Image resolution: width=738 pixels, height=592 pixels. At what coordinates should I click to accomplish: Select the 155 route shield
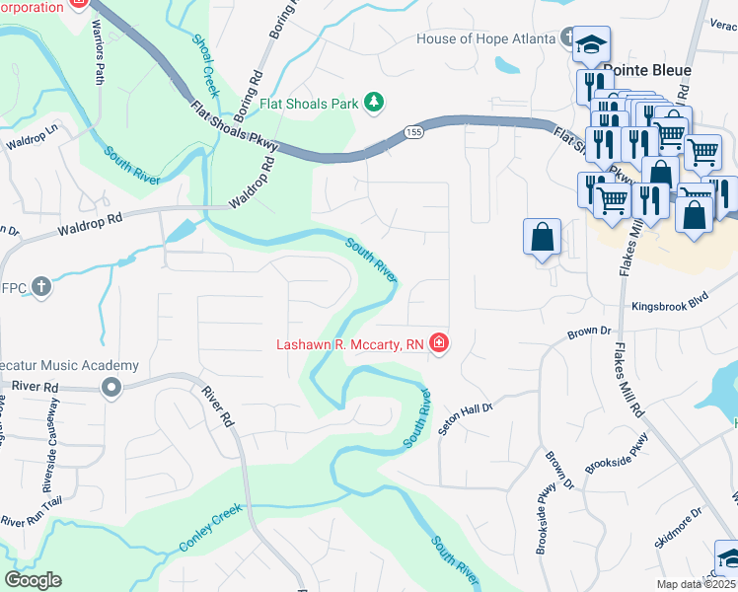pyautogui.click(x=412, y=132)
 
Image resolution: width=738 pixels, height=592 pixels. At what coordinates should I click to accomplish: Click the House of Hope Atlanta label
pyautogui.click(x=486, y=39)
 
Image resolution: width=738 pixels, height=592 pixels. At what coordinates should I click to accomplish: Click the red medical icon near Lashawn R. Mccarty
pyautogui.click(x=438, y=344)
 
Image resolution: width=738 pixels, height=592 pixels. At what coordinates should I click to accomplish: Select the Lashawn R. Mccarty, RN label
pyautogui.click(x=350, y=344)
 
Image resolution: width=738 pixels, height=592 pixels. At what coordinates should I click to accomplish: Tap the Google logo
pyautogui.click(x=33, y=579)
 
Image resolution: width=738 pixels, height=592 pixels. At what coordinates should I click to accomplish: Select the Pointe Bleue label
pyautogui.click(x=646, y=71)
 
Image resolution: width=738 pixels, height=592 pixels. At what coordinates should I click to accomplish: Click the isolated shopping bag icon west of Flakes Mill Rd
pyautogui.click(x=543, y=238)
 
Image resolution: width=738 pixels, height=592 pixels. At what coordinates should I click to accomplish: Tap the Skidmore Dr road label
pyautogui.click(x=677, y=528)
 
